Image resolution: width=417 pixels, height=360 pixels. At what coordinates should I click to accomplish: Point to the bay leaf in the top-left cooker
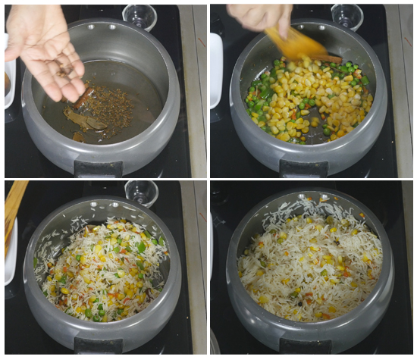click(86, 121)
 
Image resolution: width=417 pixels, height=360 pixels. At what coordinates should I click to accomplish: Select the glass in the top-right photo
click(347, 15)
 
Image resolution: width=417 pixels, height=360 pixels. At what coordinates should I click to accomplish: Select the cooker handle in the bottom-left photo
click(99, 346)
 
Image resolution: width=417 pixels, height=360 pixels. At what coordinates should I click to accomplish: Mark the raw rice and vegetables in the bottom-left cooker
click(102, 265)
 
